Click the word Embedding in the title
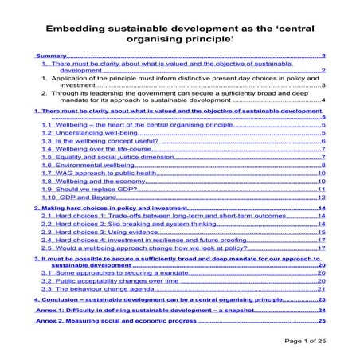[x=78, y=25]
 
